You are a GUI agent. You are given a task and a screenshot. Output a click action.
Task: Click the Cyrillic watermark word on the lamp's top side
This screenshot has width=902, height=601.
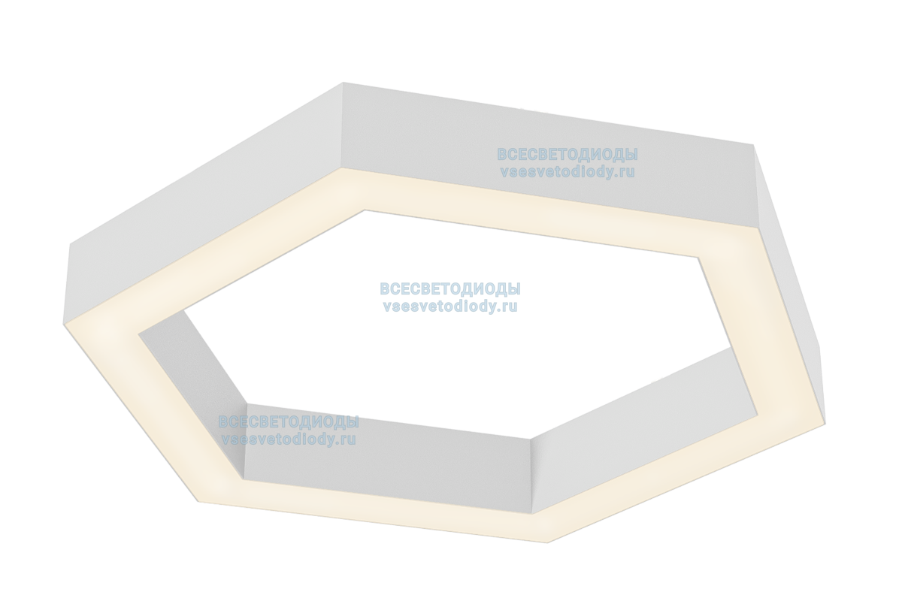point(568,155)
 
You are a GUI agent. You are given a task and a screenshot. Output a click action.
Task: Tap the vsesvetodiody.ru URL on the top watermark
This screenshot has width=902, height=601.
point(568,171)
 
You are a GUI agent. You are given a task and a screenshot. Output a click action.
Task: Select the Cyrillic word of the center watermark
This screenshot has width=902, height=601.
point(450,289)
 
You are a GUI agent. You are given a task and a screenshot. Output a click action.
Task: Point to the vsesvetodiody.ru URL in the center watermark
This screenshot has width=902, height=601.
point(450,306)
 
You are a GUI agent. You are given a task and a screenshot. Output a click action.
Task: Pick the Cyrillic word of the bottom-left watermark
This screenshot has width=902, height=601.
point(288,422)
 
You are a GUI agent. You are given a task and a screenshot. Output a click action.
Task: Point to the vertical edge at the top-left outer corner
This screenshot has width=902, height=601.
point(342,128)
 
